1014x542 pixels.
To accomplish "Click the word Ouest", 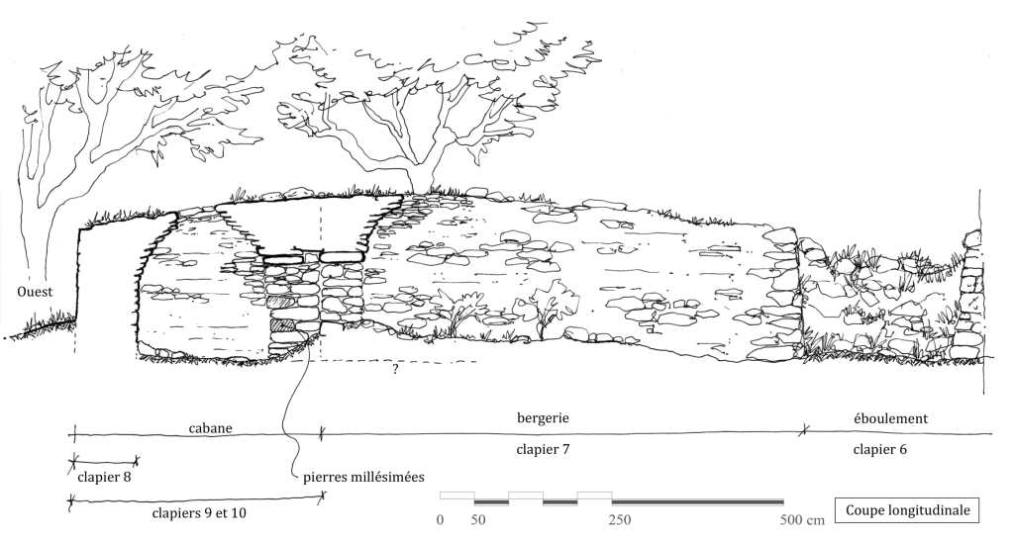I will pyautogui.click(x=35, y=292).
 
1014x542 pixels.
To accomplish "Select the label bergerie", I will pyautogui.click(x=543, y=418).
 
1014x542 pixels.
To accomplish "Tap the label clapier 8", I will pyautogui.click(x=103, y=477).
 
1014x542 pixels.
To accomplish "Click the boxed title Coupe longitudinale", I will pyautogui.click(x=908, y=510).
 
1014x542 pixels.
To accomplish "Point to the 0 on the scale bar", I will pyautogui.click(x=440, y=520).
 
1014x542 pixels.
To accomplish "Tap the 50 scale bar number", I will pyautogui.click(x=478, y=520).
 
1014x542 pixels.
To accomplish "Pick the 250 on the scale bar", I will pyautogui.click(x=620, y=520).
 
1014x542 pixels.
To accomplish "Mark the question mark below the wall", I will pyautogui.click(x=395, y=370).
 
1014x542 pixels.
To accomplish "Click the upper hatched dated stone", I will pyautogui.click(x=283, y=303).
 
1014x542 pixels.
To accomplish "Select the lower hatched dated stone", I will pyautogui.click(x=283, y=323).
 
